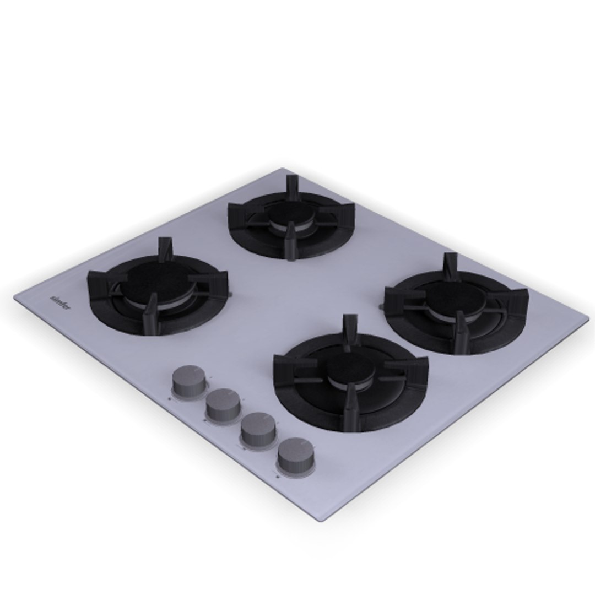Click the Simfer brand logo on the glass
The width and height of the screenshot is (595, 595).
pos(60,302)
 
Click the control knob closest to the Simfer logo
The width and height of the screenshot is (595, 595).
pos(188,381)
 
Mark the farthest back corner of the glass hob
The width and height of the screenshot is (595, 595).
pos(282,169)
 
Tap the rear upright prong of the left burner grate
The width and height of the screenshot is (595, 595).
pos(164,248)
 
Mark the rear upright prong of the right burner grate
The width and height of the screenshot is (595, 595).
pos(451,264)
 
